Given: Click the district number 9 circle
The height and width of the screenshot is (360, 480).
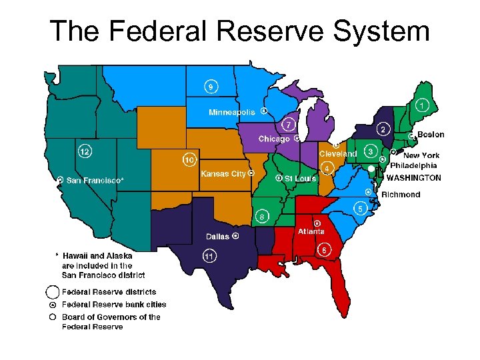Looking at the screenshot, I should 211,87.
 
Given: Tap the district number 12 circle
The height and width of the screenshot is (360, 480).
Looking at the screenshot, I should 85,151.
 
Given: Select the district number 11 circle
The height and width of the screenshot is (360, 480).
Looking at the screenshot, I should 209,255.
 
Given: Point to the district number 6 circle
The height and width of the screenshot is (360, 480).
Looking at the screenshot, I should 324,250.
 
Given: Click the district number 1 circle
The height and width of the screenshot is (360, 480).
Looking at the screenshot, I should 422,106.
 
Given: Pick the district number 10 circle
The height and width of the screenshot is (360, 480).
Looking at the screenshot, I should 190,160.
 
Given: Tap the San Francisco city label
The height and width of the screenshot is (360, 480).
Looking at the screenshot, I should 93,180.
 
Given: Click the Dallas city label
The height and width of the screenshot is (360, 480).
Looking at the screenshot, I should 218,237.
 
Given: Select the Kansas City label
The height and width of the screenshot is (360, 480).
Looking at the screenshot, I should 223,174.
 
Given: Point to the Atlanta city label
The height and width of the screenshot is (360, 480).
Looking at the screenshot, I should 311,231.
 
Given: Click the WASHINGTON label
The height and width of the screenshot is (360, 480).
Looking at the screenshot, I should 413,178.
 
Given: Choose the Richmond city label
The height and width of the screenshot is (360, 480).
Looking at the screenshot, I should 401,195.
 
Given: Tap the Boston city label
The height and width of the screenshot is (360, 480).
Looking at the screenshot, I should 431,135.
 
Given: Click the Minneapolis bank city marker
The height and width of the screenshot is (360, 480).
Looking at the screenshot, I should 264,111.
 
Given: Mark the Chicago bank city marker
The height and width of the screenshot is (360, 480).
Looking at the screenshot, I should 295,139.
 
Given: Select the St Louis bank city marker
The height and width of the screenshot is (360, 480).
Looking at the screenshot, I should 279,178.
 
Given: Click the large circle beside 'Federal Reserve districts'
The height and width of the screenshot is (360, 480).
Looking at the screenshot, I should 52,292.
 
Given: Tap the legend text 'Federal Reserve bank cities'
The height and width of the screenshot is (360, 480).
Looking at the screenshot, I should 114,305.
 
